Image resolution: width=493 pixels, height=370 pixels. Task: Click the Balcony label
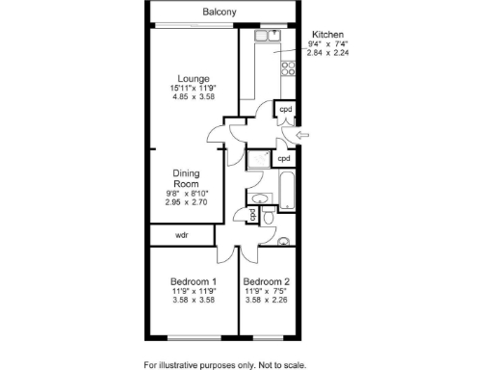point(221,13)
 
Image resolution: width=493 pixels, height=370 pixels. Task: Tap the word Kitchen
point(329,33)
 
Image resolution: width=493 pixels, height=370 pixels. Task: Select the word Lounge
point(194,78)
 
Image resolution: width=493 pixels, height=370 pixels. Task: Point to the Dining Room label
point(186,178)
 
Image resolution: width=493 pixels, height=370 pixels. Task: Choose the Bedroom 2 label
point(267,281)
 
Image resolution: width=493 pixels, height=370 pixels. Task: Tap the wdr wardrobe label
point(181,235)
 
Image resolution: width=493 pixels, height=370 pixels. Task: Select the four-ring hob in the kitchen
point(286,68)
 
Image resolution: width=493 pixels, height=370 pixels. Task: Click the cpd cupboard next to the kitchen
point(285,110)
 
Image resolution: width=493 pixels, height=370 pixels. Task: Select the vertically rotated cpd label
point(252,214)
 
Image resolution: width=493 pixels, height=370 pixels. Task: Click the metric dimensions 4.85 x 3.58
point(193,97)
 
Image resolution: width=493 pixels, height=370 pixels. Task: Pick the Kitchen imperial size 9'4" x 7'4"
point(328,44)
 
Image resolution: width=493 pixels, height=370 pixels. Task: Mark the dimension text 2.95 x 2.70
point(186,203)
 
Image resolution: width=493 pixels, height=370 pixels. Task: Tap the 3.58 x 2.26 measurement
point(267,301)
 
